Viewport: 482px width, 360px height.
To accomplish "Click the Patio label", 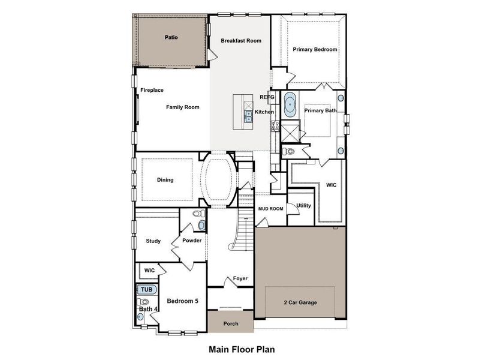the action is click(171, 37).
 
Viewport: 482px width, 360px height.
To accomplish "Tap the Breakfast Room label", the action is click(241, 41).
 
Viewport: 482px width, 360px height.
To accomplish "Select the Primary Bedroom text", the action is click(315, 50).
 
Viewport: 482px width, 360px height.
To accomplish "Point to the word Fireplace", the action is click(152, 90).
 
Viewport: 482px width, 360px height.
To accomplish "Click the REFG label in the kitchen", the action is click(267, 97).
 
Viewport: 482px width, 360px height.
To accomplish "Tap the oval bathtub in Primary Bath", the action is click(290, 104).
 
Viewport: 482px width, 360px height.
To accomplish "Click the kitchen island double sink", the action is click(248, 116).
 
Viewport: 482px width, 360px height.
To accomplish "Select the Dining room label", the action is click(165, 180).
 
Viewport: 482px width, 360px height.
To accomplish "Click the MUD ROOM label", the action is click(270, 209).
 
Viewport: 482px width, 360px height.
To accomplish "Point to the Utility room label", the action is click(303, 206).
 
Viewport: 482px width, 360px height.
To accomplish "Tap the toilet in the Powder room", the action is click(199, 213).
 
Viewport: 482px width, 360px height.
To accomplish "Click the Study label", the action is click(153, 241).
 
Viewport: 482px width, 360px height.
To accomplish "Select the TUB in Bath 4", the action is click(147, 290).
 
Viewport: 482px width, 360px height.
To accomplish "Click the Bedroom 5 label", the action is click(183, 301).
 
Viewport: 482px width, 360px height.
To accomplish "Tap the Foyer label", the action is click(240, 278).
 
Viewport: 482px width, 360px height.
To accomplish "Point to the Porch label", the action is click(231, 323).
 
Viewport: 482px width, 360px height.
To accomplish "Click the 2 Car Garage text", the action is click(300, 302).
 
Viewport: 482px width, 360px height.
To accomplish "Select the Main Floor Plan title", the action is click(242, 350).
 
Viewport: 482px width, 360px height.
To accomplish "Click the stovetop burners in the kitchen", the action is click(275, 125).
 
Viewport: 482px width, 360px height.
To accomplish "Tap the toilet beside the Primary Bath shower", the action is click(288, 151).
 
